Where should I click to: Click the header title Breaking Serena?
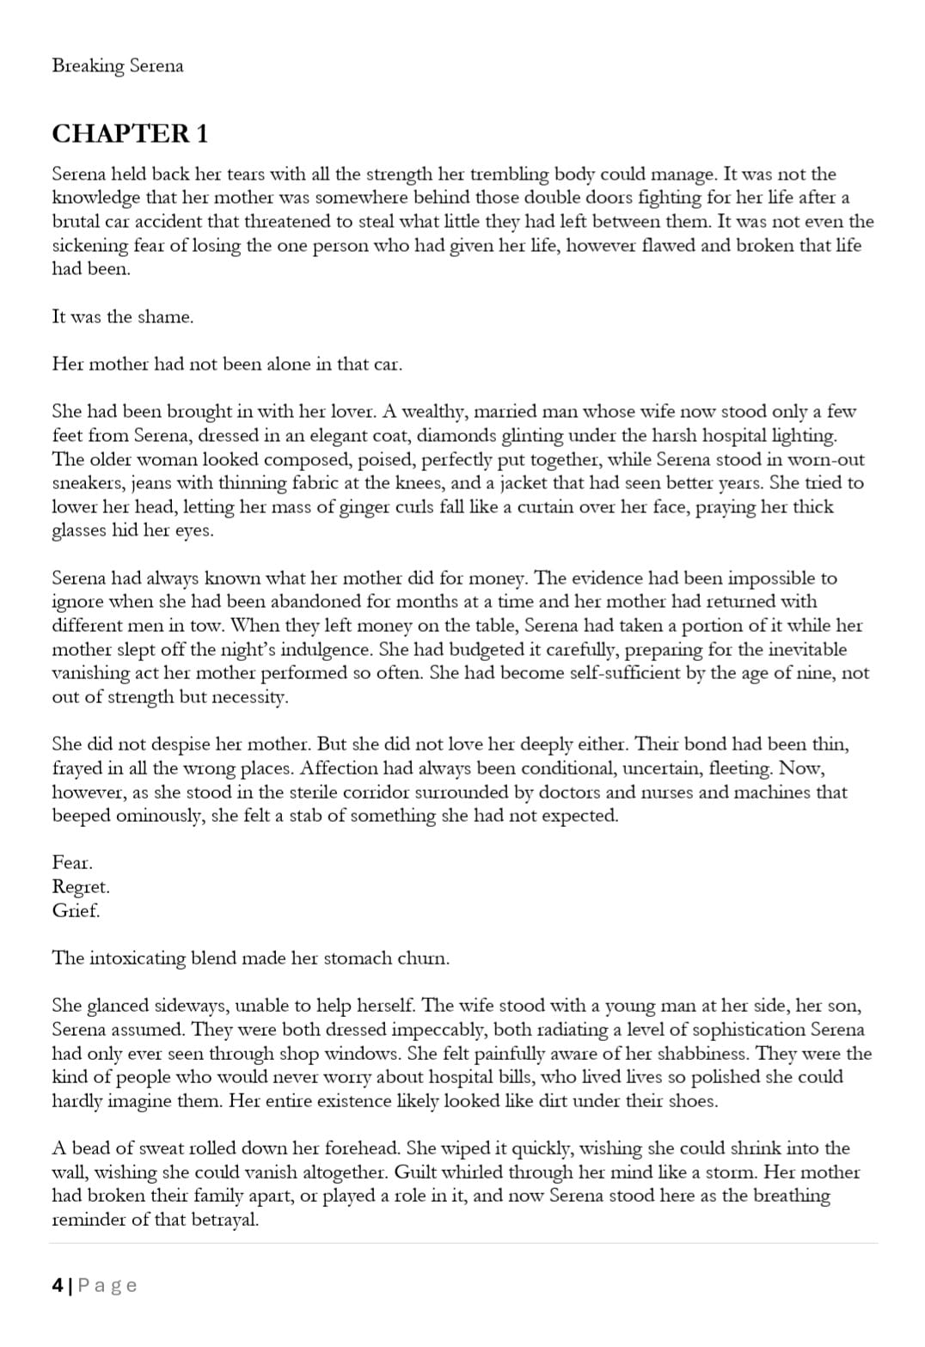(x=118, y=66)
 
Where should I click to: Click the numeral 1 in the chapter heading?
(x=201, y=134)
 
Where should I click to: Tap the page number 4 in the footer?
(x=57, y=1285)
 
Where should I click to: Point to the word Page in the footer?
(x=107, y=1285)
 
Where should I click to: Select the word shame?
(x=165, y=316)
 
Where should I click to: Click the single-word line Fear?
(x=72, y=862)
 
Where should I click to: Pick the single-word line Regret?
(x=81, y=886)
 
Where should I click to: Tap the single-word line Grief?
(x=76, y=910)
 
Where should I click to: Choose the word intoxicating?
(x=137, y=958)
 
